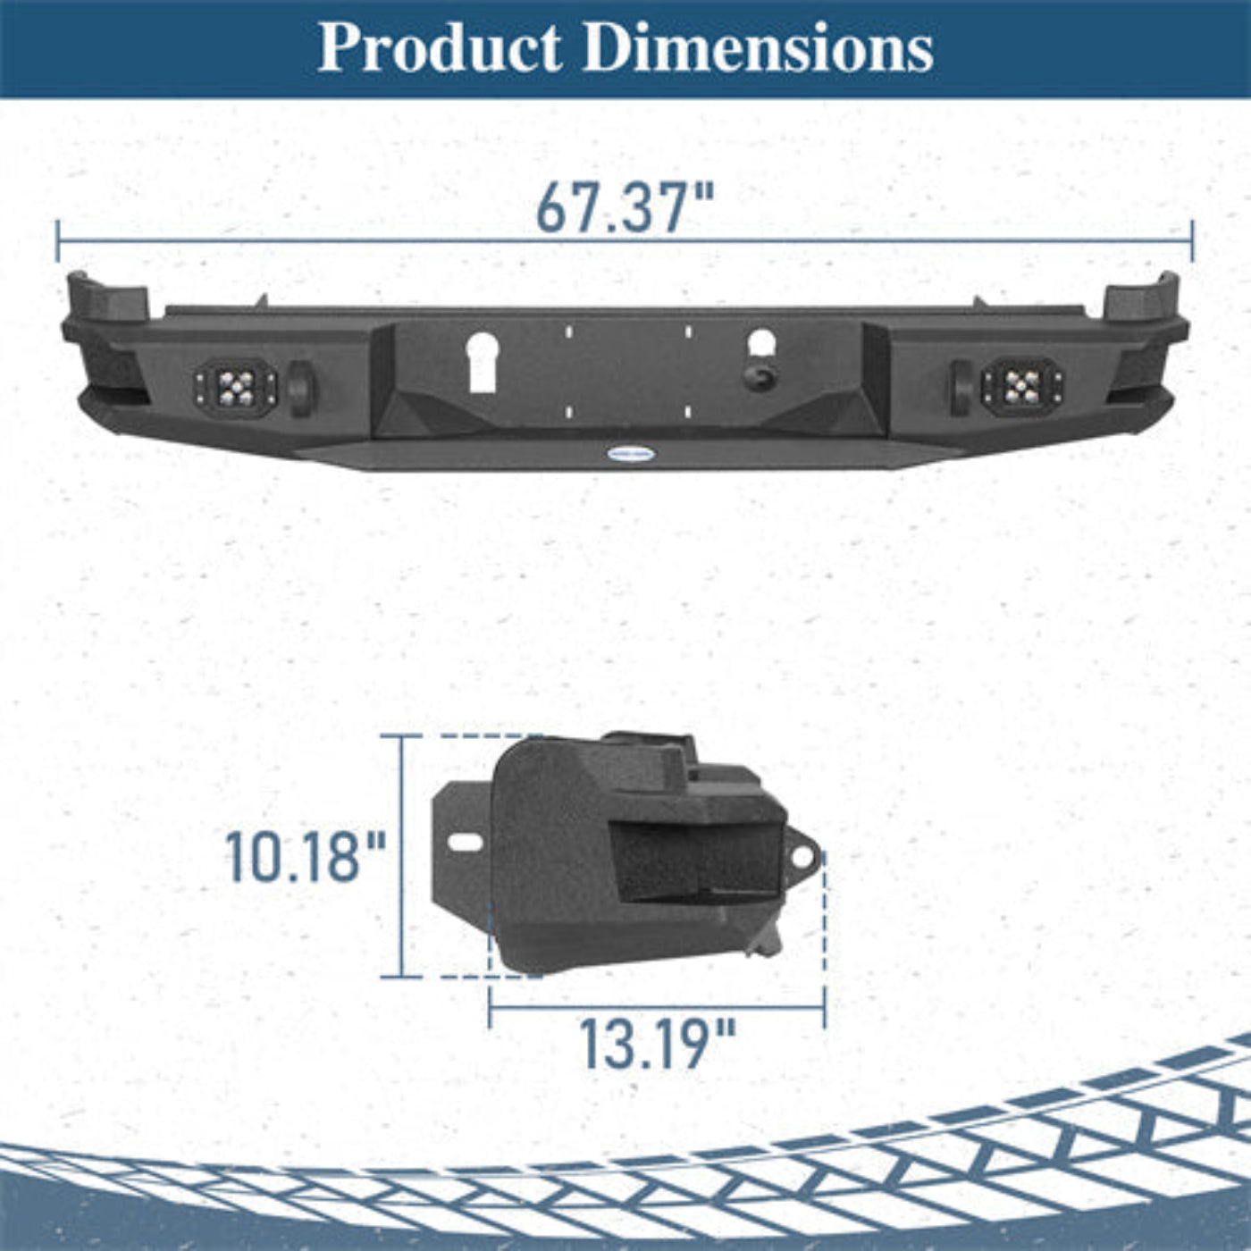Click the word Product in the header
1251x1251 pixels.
441,47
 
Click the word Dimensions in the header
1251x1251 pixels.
759,47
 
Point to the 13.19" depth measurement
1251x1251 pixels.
658,1044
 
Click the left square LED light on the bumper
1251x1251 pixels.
236,388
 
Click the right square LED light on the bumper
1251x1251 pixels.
1022,388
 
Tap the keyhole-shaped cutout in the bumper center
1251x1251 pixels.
483,362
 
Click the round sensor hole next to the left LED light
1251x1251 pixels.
301,389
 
